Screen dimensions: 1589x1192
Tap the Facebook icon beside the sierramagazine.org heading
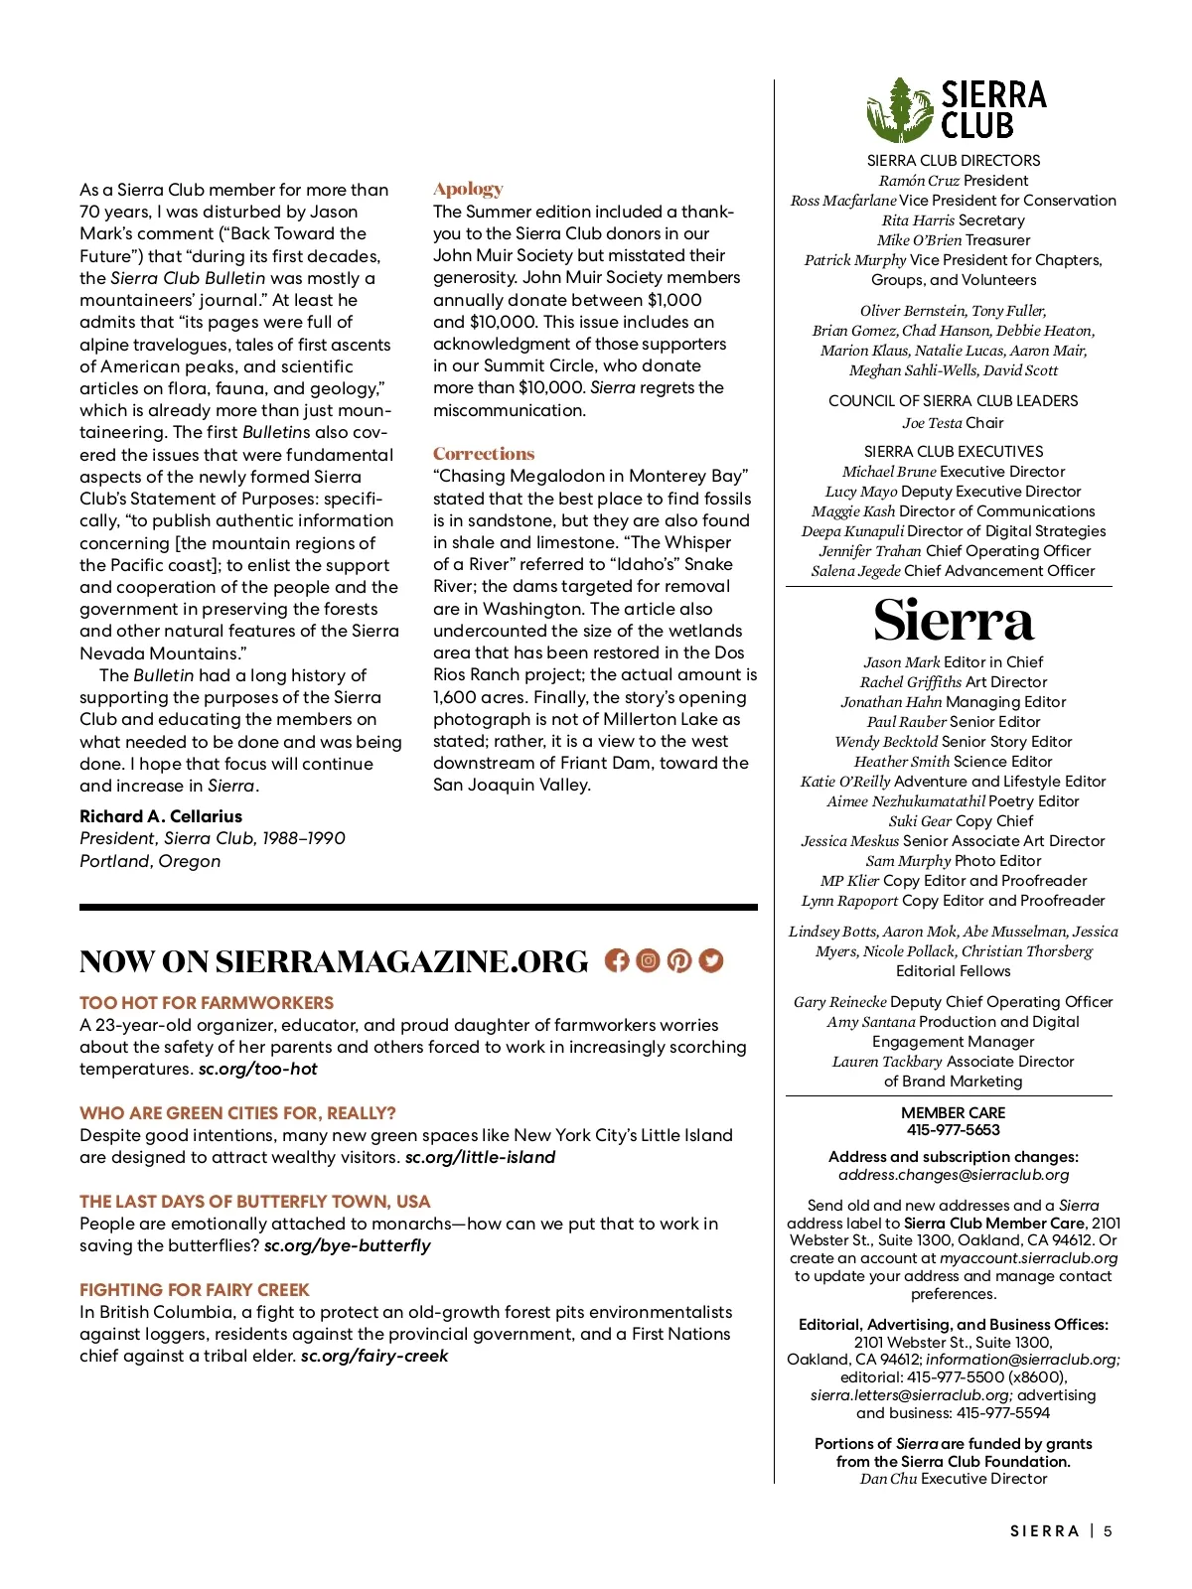click(617, 961)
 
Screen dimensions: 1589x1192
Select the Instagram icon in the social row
click(648, 961)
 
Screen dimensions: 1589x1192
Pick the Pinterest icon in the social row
click(679, 961)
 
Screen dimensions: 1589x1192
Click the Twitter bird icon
click(711, 961)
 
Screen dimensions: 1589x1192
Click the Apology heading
click(468, 189)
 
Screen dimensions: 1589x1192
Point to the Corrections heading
click(484, 454)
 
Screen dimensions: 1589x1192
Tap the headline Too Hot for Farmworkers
click(207, 1003)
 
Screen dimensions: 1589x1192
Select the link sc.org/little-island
click(480, 1157)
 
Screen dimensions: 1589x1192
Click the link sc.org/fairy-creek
click(374, 1356)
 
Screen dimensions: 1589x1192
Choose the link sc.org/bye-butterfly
click(348, 1245)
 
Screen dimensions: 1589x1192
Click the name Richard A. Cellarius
click(161, 816)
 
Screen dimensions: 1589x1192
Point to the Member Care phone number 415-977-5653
click(953, 1130)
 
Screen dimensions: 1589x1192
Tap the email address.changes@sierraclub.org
click(954, 1175)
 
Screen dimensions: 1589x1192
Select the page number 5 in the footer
click(1108, 1531)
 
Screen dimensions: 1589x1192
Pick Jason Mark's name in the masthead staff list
click(901, 662)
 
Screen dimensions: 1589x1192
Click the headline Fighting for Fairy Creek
click(195, 1290)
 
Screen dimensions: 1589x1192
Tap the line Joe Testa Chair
click(953, 423)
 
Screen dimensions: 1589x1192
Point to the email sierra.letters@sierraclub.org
click(911, 1395)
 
